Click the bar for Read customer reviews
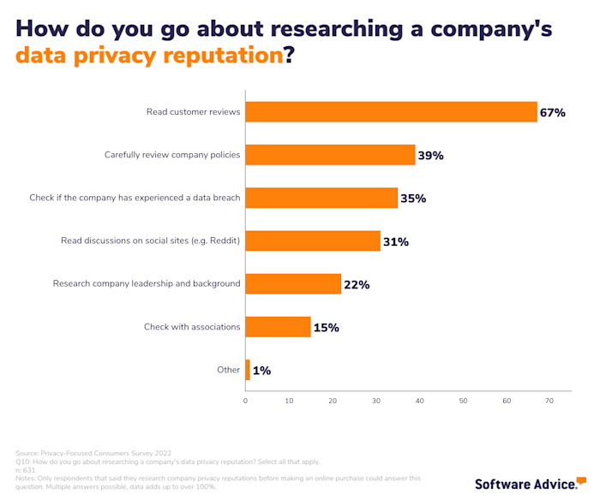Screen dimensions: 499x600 [391, 112]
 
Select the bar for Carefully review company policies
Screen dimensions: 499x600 [330, 155]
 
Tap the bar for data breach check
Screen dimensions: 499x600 [321, 198]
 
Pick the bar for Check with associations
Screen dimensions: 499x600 [278, 327]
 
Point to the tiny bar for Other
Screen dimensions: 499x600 [248, 370]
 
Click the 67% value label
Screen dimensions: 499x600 [553, 113]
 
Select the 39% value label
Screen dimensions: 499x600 [431, 156]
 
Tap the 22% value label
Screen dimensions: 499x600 [357, 284]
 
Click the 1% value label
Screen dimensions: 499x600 [261, 371]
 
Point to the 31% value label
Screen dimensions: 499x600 [396, 241]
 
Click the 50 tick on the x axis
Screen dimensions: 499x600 [463, 401]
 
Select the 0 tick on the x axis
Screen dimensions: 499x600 [246, 401]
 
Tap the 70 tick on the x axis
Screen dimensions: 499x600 [549, 401]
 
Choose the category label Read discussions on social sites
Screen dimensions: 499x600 [151, 241]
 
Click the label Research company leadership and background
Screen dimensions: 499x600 [147, 283]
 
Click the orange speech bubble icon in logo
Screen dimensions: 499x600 [581, 480]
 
